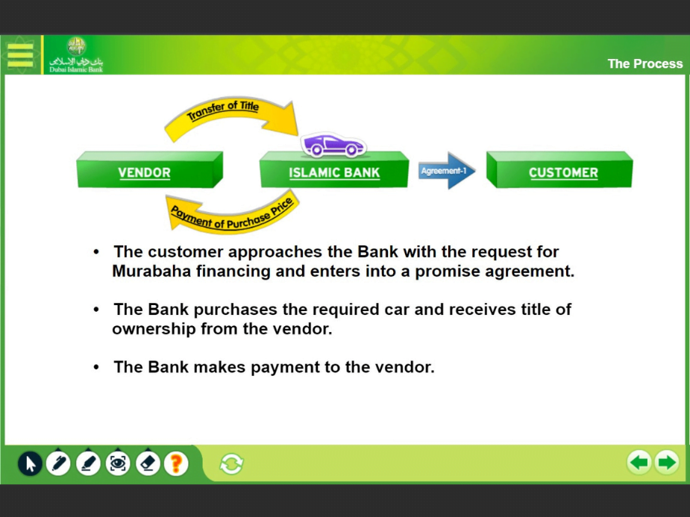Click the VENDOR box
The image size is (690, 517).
150,170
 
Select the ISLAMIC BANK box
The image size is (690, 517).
334,170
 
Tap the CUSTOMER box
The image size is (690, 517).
559,170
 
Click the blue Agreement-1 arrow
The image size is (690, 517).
447,171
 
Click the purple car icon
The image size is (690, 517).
333,145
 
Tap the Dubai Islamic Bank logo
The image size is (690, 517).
76,55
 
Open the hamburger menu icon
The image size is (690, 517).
20,55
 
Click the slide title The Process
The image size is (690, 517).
645,64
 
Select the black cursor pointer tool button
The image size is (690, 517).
30,464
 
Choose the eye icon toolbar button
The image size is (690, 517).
118,464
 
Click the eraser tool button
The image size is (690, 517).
148,464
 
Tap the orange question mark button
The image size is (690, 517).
177,464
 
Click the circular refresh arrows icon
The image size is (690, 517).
231,464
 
